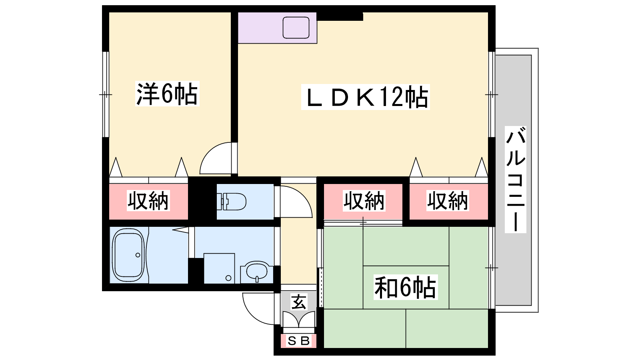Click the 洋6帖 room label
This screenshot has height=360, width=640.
[167, 94]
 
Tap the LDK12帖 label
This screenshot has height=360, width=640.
[366, 97]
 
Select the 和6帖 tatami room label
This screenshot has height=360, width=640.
[406, 287]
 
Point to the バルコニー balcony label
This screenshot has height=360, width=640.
[516, 180]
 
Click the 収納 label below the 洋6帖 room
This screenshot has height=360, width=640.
[148, 201]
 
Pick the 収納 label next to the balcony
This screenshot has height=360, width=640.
[448, 201]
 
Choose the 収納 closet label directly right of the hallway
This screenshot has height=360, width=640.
[364, 201]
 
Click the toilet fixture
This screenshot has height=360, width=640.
[232, 202]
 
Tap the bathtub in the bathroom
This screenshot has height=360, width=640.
[128, 255]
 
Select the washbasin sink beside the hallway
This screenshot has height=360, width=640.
[257, 271]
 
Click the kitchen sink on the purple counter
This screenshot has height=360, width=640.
[296, 28]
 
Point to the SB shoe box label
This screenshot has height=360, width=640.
[298, 341]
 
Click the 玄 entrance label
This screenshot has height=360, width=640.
[299, 302]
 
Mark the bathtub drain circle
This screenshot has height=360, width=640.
[138, 255]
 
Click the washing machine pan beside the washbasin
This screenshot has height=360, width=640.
[219, 268]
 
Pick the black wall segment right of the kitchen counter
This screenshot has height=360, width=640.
[340, 16]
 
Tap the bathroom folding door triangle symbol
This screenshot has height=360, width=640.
[180, 230]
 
